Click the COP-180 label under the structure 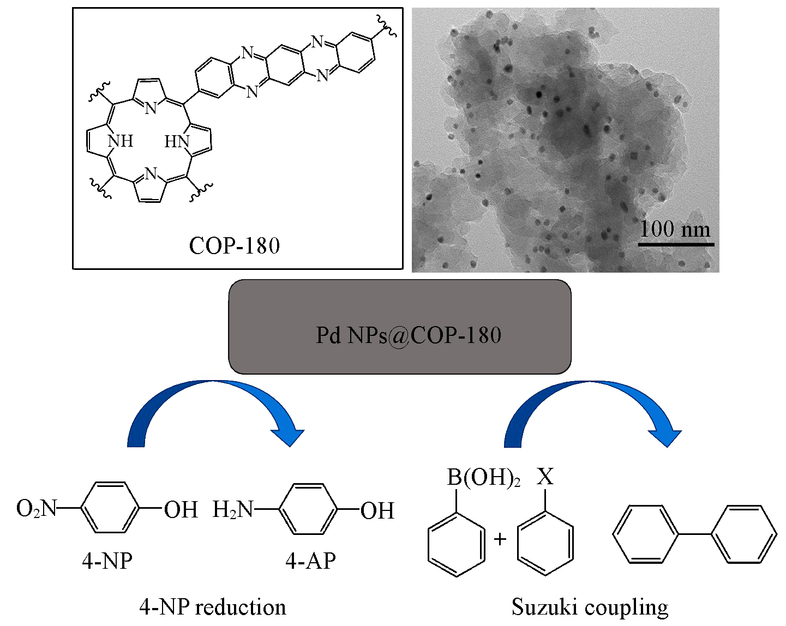point(235,246)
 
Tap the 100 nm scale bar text point(675,228)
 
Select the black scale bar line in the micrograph point(676,244)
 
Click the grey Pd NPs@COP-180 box point(400,327)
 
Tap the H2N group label point(233,510)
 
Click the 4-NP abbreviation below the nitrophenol point(107,561)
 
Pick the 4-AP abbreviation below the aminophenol point(310,561)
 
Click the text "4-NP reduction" point(213,607)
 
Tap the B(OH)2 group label point(483,478)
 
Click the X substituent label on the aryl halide point(544,477)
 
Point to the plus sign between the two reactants point(500,539)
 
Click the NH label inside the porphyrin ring point(121,141)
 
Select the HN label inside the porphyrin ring point(177,142)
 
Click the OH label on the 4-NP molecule point(181,510)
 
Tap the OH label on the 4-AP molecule point(377,511)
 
